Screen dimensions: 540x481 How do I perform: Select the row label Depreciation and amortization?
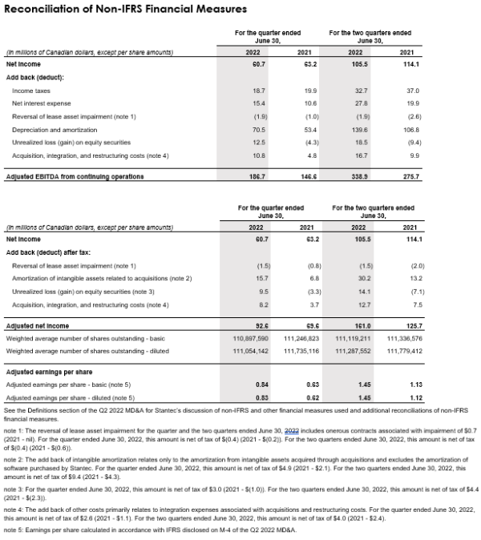54,128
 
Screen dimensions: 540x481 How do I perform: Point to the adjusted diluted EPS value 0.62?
313,397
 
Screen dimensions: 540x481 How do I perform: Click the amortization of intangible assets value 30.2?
364,277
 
